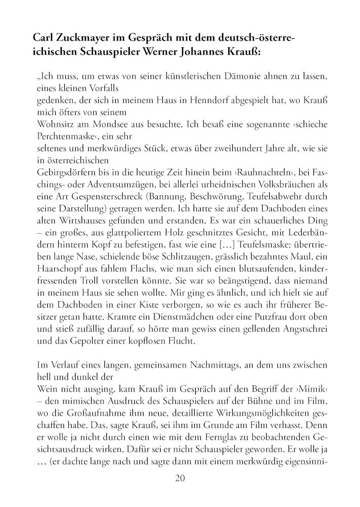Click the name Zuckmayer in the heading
tap(84, 38)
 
